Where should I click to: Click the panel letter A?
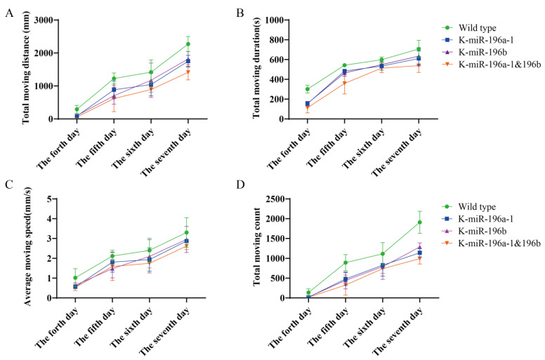[x=8, y=13]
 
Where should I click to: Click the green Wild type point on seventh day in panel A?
[x=188, y=44]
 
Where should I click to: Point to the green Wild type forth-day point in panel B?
[x=308, y=89]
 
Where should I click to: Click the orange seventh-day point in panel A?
[x=188, y=72]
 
